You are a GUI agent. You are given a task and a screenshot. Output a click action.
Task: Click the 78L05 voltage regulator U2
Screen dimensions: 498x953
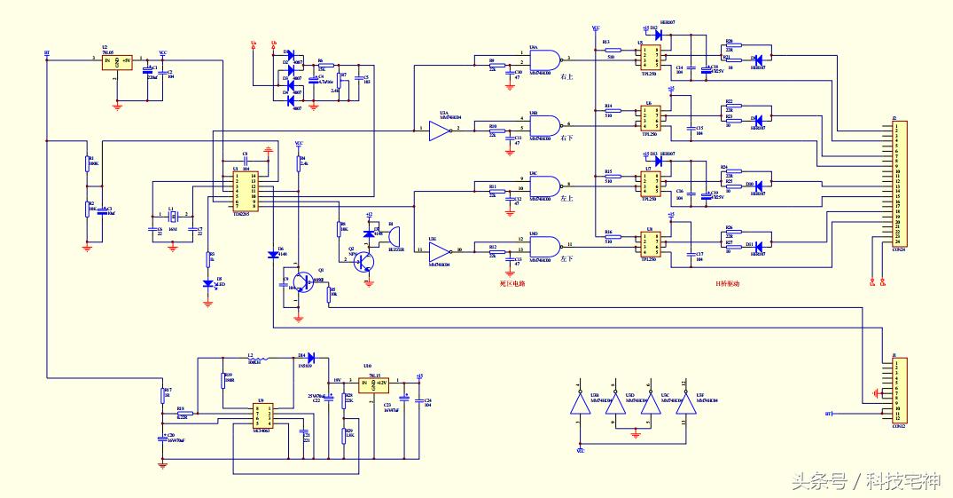click(x=116, y=62)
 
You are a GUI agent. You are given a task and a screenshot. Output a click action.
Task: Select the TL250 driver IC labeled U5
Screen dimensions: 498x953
click(x=647, y=58)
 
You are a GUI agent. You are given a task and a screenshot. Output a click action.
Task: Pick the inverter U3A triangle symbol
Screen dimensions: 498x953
click(x=440, y=131)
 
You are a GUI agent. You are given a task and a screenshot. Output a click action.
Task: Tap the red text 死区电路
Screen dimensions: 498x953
click(x=513, y=283)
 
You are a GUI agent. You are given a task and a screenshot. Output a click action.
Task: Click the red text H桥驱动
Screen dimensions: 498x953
click(x=726, y=283)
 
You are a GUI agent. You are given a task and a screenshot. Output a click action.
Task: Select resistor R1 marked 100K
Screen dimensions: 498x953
click(x=88, y=162)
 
